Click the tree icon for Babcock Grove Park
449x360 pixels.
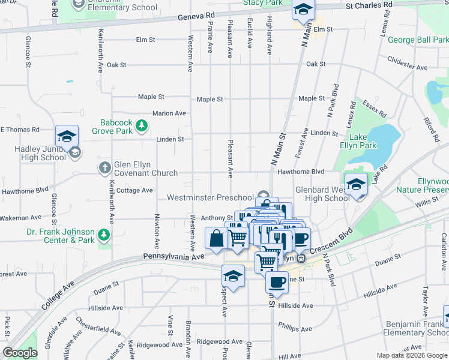(141, 125)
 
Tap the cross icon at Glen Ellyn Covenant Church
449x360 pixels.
(104, 167)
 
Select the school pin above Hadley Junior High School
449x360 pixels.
(67, 136)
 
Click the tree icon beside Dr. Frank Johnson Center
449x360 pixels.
(104, 235)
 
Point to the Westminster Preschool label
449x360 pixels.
(210, 197)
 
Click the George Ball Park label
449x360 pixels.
(418, 40)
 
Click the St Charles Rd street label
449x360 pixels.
(369, 4)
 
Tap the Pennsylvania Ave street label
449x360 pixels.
(174, 256)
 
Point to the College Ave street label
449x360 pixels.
(58, 294)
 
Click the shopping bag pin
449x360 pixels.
(216, 238)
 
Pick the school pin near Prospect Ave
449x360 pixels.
(232, 276)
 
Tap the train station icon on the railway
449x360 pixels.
(302, 258)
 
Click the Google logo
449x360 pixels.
(20, 353)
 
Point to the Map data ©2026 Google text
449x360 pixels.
(411, 355)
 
